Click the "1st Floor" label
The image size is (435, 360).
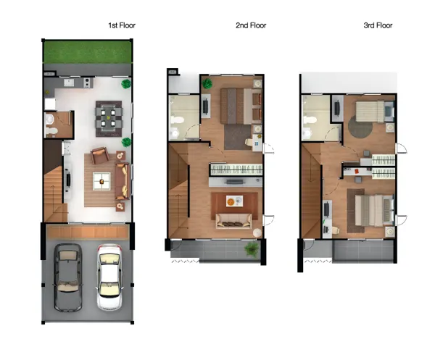pos(122,25)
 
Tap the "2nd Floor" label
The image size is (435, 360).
pos(251,25)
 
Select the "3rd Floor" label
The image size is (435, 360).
pos(378,25)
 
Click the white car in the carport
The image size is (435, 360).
pos(109,277)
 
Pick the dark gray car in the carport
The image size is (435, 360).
pos(67,277)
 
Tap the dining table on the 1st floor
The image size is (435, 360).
pos(109,118)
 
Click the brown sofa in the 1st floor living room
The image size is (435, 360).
pos(123,181)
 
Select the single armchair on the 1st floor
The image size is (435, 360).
pos(100,155)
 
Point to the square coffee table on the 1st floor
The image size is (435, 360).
pos(101,181)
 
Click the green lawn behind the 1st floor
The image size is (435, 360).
pos(87,52)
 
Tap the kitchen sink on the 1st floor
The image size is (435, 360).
pos(68,83)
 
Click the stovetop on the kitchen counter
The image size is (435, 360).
pos(87,83)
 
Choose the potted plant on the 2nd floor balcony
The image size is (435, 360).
pos(252,248)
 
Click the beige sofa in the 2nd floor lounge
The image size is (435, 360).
pos(234,221)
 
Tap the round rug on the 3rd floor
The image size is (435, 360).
pos(360,126)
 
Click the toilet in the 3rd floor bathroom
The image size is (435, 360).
pos(310,120)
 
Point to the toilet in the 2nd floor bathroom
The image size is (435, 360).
pos(177,120)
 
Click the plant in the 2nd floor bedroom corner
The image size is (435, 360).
pos(207,83)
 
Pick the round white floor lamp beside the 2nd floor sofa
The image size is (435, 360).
pos(257,233)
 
